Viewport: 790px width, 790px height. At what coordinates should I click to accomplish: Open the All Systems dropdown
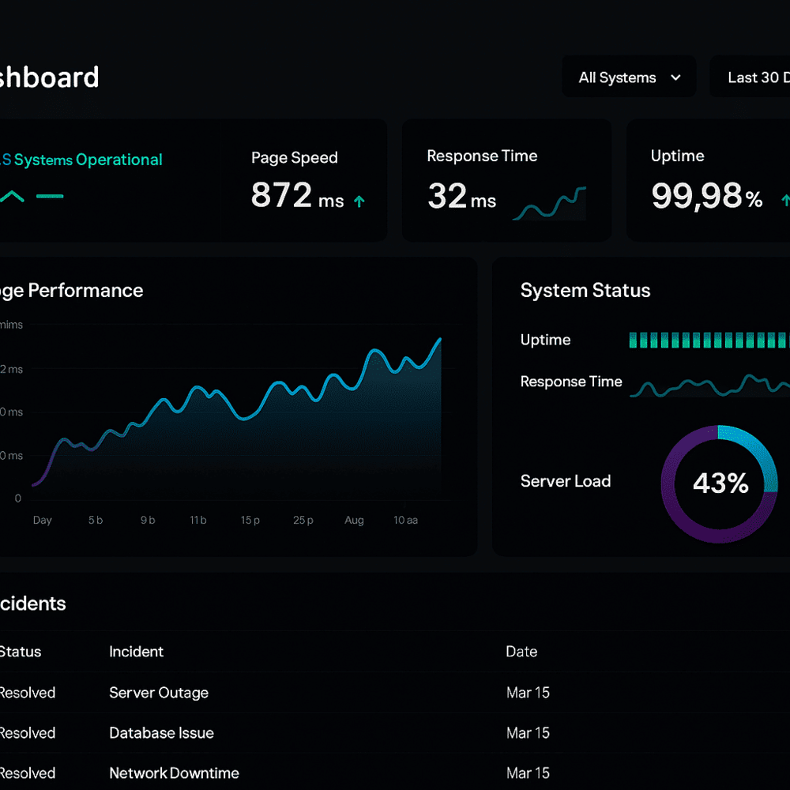click(x=629, y=77)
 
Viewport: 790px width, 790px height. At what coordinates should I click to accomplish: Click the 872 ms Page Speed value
click(x=297, y=195)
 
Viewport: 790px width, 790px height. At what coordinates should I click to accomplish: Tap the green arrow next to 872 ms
click(x=359, y=201)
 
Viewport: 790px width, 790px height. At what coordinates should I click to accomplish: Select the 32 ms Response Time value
click(x=461, y=196)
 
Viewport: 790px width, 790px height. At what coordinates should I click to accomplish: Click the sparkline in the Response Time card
click(x=550, y=204)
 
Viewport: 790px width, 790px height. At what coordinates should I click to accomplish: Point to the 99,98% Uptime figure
click(x=706, y=196)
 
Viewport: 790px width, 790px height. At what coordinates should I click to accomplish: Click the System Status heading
click(x=585, y=291)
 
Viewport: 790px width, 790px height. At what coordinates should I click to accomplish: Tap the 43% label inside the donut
click(x=720, y=483)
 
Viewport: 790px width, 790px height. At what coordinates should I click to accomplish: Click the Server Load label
click(x=566, y=481)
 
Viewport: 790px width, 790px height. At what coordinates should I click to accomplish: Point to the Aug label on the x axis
click(x=354, y=520)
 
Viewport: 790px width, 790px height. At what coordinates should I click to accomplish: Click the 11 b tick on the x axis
click(x=198, y=520)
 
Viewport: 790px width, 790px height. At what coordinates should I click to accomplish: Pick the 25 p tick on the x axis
click(x=303, y=520)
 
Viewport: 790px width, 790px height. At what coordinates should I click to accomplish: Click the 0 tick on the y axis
click(x=18, y=498)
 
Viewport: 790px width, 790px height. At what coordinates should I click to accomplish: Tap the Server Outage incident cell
click(x=159, y=693)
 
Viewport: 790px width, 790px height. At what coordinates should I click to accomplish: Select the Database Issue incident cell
click(x=161, y=733)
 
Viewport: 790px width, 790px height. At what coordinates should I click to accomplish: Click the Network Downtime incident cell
click(x=174, y=773)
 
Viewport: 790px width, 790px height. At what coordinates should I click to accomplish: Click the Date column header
click(x=521, y=652)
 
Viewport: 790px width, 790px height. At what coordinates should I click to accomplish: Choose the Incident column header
click(x=136, y=652)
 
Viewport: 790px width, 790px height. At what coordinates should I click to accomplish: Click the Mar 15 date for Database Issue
click(x=528, y=733)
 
